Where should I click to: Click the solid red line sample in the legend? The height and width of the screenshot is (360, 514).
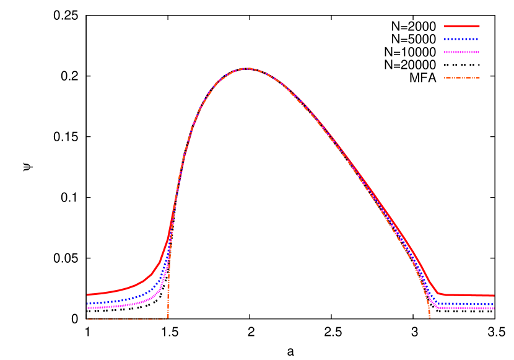461,26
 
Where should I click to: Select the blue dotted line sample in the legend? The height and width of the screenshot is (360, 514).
461,39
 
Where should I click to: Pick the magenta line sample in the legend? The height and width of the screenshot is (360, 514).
461,52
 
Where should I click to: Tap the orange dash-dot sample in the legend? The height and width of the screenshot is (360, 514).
461,78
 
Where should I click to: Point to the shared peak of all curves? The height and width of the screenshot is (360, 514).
246,68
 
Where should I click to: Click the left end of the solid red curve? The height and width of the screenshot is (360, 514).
87,295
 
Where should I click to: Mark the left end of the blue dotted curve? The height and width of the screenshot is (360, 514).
87,304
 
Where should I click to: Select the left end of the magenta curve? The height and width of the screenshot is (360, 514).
87,308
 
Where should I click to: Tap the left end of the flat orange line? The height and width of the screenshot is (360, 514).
87,318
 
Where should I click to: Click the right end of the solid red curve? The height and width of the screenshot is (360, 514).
494,296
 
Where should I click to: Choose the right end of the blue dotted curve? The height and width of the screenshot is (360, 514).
494,304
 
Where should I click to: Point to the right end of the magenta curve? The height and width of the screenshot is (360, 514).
494,308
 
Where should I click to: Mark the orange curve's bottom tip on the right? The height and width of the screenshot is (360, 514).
429,318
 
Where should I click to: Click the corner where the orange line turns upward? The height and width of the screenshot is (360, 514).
168,318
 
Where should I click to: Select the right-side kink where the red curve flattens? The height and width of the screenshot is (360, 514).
438,293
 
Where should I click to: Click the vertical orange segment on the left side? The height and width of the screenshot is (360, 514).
168,285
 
